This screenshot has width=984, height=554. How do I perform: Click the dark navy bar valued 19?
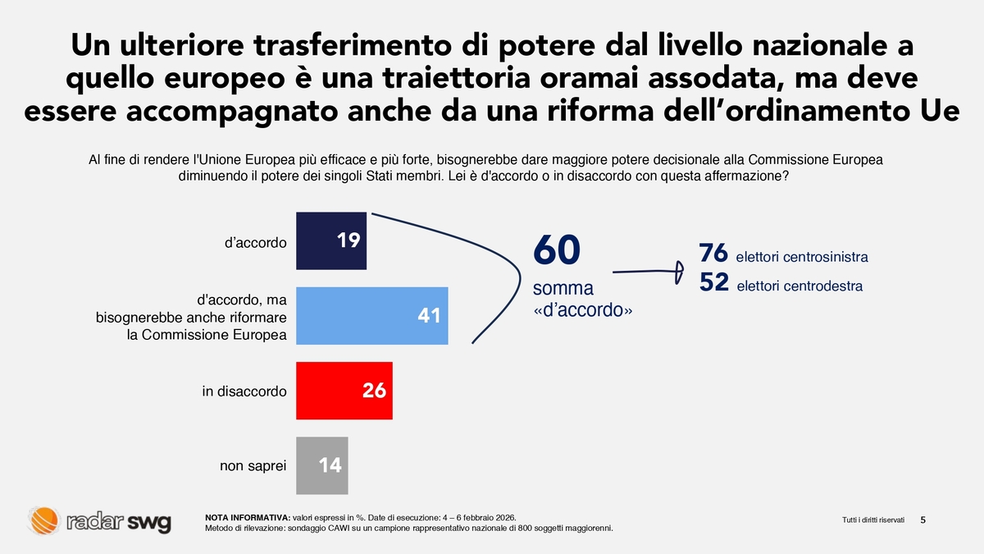click(330, 241)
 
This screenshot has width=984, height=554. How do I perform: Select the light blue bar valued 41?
click(371, 315)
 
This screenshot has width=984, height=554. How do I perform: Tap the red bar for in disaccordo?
click(344, 391)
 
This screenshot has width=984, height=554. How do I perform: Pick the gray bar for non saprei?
click(321, 465)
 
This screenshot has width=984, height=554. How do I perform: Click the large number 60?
click(556, 250)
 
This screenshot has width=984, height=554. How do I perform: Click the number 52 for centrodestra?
click(714, 282)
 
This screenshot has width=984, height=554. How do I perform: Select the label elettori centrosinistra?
click(802, 258)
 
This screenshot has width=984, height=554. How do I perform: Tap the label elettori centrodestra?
click(799, 286)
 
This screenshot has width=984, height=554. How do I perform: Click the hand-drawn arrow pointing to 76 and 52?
click(648, 270)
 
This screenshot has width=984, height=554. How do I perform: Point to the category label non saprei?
click(253, 466)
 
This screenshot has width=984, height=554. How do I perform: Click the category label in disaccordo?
click(244, 391)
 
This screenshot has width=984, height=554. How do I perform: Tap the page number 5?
click(924, 520)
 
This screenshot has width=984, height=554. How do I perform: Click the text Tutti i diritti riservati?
click(873, 520)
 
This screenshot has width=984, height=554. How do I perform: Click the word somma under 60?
click(563, 289)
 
